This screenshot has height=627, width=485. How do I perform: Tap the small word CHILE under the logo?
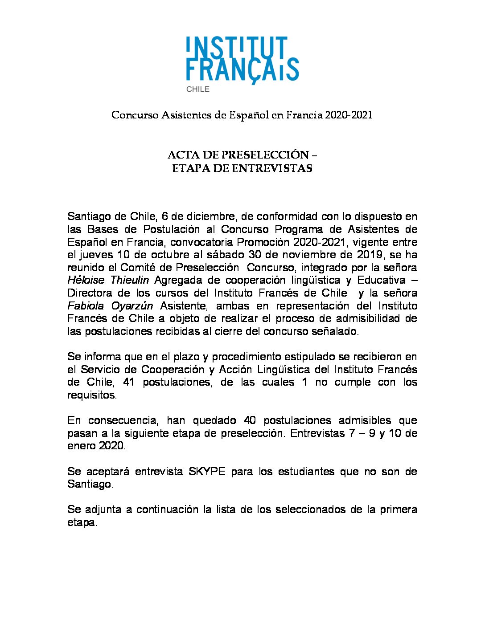(197, 89)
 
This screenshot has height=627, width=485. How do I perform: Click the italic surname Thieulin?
(129, 280)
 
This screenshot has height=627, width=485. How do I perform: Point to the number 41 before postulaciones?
(128, 382)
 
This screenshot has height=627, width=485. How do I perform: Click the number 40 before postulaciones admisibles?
(251, 420)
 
